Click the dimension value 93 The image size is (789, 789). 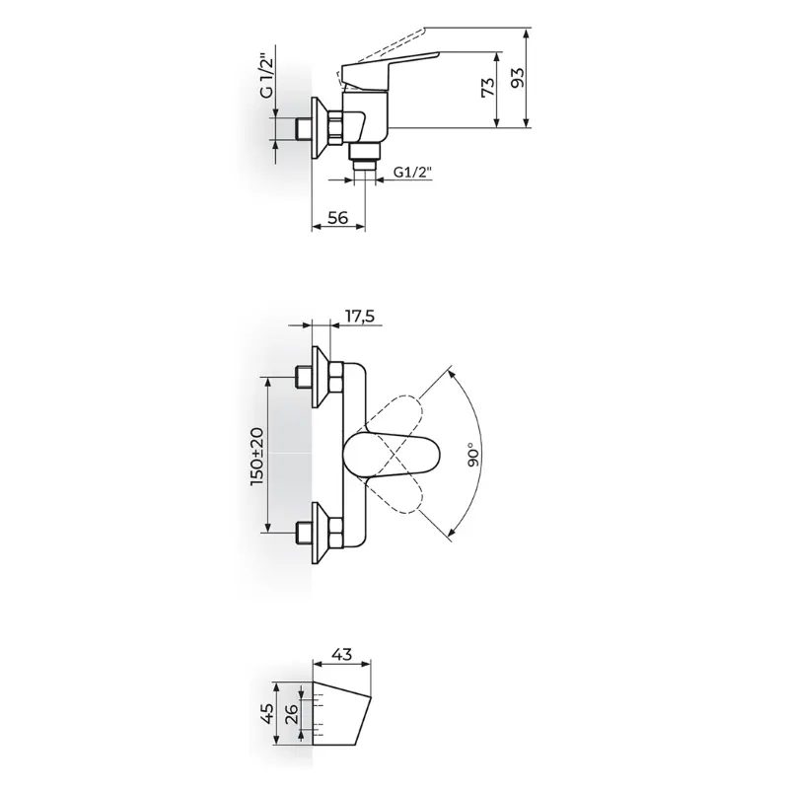pos(517,77)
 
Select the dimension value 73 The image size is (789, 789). pos(488,88)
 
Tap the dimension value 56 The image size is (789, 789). pos(337,218)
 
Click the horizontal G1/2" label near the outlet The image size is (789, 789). pos(412,173)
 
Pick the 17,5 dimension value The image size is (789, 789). pos(360,317)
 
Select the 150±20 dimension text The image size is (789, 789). pos(256,457)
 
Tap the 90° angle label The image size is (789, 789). pos(473,455)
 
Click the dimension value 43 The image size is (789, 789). pos(341,655)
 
